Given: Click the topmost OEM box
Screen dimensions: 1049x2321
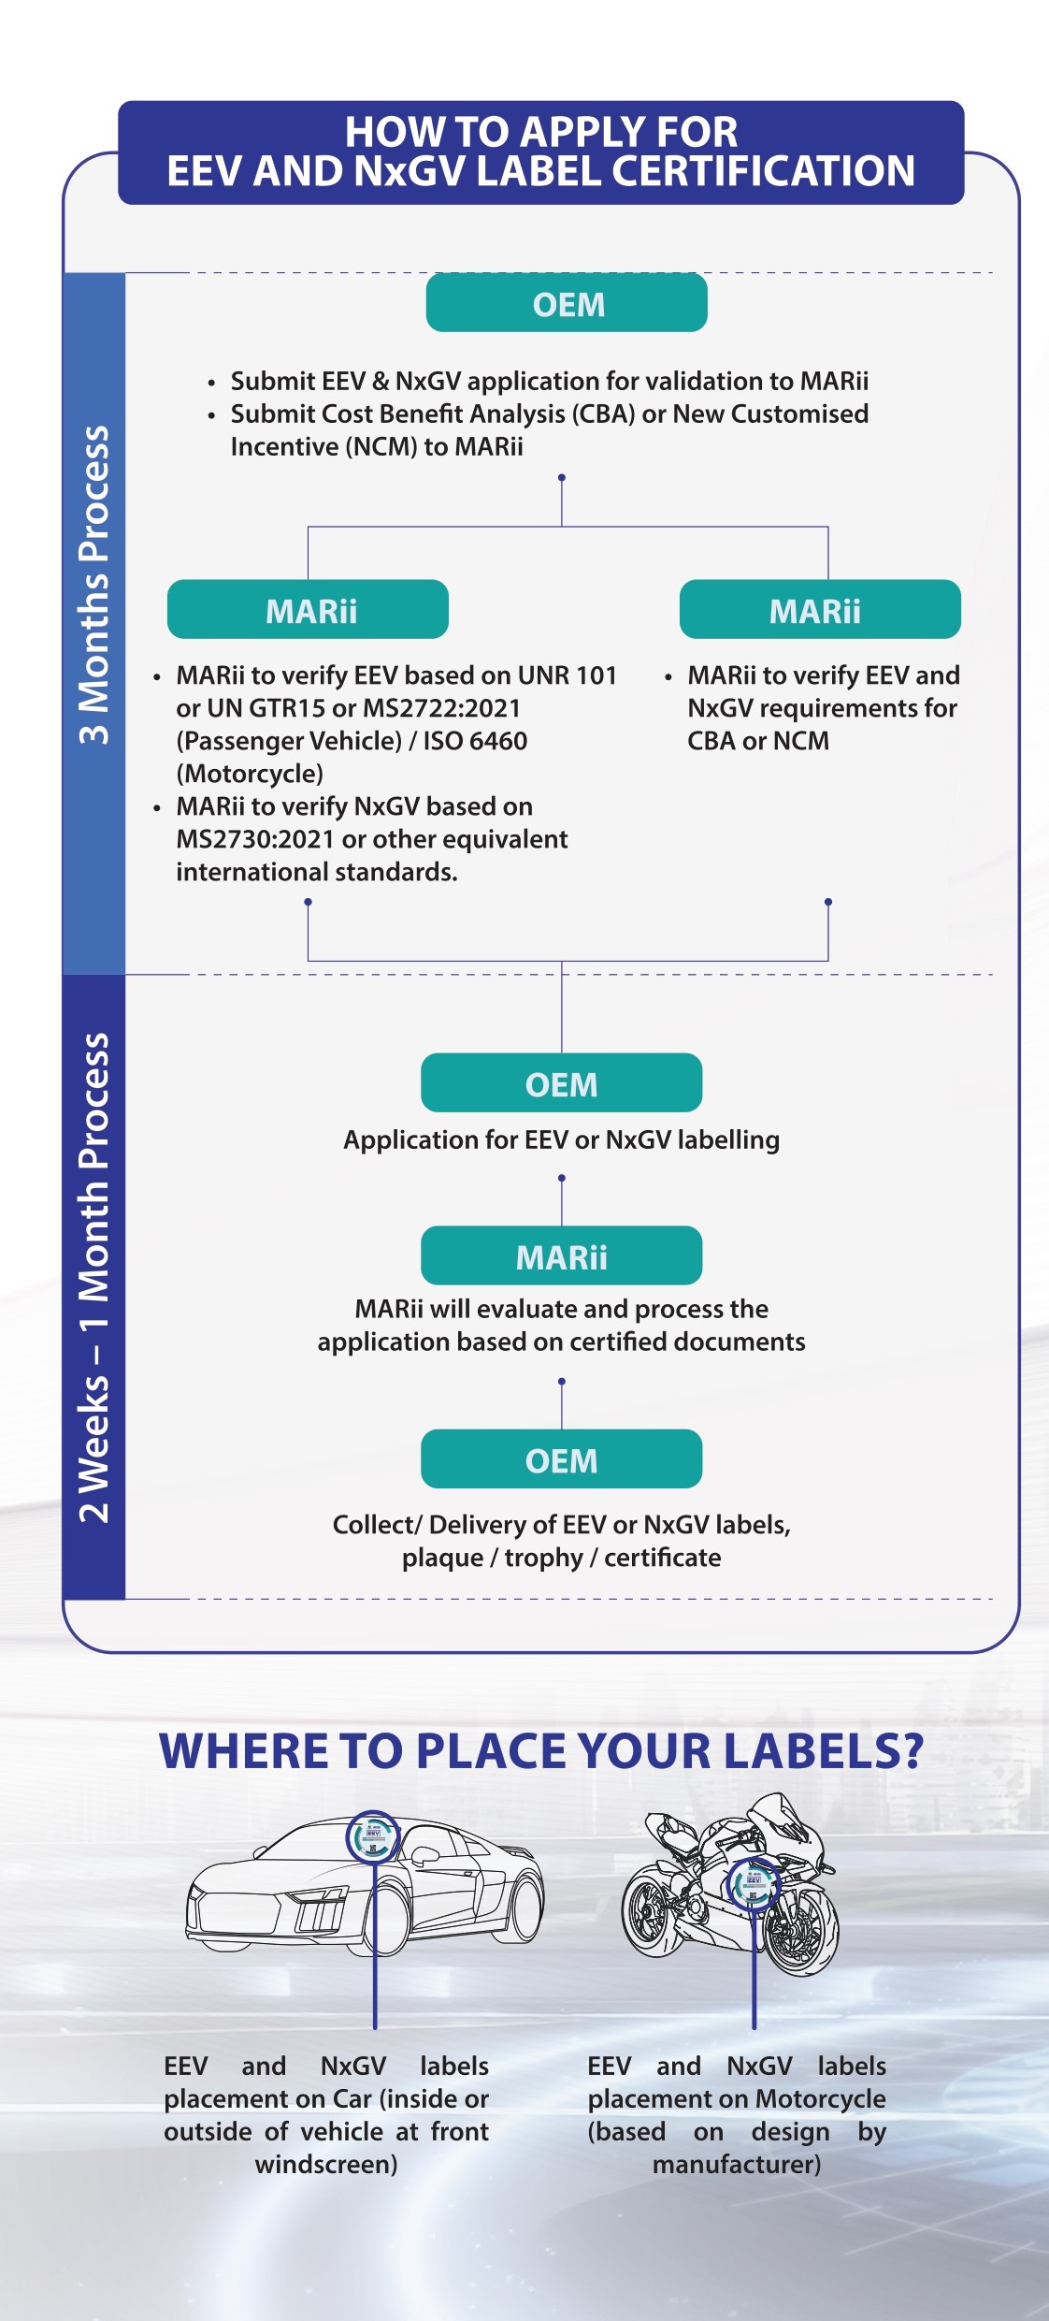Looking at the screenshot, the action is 567,302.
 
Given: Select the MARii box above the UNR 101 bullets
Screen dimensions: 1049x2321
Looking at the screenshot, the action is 308,609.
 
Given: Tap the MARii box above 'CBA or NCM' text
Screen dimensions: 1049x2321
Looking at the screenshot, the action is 820,609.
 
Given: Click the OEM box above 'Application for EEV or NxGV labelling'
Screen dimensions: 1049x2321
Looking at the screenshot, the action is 561,1082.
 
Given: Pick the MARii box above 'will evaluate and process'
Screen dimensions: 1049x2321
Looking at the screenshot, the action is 561,1255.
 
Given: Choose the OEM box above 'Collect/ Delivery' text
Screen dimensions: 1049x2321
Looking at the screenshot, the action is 561,1458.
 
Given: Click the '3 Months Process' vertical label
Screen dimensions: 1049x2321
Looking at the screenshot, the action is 93,586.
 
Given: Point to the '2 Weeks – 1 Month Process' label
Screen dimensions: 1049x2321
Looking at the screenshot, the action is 93,1278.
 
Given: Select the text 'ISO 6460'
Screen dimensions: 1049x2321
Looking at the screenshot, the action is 476,741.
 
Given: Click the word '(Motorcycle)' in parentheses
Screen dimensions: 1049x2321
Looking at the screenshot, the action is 250,774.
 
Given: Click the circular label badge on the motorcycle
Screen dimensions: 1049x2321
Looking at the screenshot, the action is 753,1884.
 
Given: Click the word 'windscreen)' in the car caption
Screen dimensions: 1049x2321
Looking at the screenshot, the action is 326,2165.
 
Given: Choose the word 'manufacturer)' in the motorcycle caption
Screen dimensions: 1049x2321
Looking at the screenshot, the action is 737,2165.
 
